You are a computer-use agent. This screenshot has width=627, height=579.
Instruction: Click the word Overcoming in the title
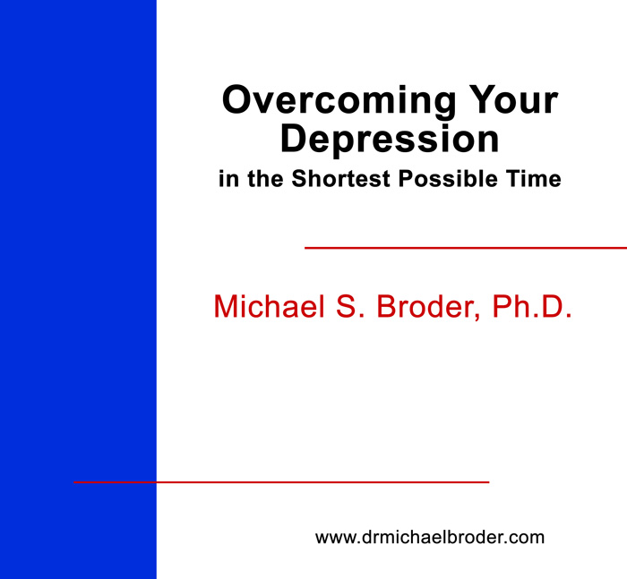click(x=339, y=102)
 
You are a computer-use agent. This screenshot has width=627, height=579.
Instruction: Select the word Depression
click(x=390, y=140)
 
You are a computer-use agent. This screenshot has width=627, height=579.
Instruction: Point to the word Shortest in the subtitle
click(x=340, y=178)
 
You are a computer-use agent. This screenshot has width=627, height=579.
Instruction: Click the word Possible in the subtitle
click(x=448, y=178)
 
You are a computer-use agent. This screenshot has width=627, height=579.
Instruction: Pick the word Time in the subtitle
click(x=534, y=178)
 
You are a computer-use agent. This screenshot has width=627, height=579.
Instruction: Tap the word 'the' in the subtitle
click(x=265, y=178)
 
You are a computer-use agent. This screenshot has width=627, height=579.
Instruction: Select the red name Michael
click(x=269, y=306)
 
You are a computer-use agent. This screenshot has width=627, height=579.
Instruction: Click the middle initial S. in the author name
click(x=350, y=306)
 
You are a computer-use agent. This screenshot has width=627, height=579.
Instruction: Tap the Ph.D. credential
click(x=532, y=306)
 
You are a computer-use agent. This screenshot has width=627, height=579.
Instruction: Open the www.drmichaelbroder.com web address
click(x=430, y=538)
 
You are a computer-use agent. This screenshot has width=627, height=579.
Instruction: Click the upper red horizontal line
click(x=466, y=248)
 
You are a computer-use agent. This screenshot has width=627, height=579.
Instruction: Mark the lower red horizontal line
click(x=281, y=482)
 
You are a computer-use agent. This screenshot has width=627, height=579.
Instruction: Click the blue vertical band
click(x=78, y=289)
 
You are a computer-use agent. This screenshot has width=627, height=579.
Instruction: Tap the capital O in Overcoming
click(x=239, y=99)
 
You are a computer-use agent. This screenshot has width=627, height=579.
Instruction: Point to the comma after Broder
click(x=477, y=317)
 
